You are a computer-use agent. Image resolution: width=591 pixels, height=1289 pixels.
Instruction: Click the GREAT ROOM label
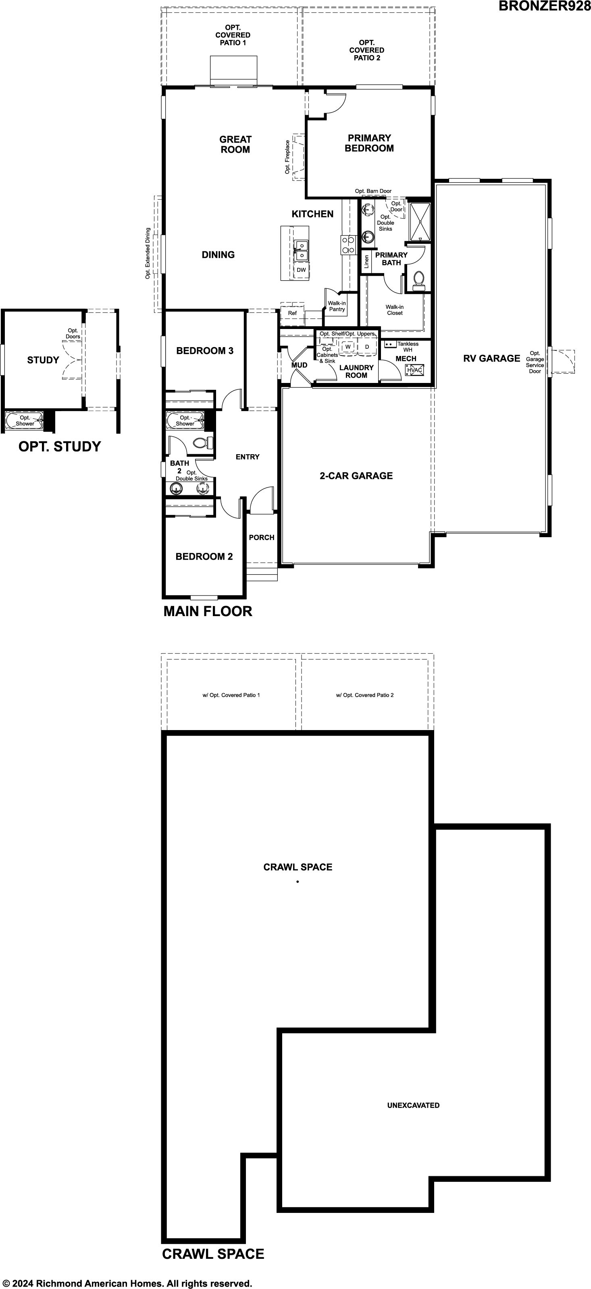235,144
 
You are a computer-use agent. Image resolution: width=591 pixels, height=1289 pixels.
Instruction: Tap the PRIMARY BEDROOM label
369,143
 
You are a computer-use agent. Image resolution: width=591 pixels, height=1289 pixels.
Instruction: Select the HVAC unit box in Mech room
415,370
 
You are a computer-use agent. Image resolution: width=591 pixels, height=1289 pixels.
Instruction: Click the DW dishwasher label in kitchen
301,270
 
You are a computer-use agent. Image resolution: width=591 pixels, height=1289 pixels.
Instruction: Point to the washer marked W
348,346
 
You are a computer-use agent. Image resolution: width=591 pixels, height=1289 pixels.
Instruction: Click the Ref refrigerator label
292,313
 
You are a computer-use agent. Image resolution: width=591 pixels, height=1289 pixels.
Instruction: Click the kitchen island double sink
301,250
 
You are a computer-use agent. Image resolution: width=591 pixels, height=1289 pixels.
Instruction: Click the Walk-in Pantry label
337,306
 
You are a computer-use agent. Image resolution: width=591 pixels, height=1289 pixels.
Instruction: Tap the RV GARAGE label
492,358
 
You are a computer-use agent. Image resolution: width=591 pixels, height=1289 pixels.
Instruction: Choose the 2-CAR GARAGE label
356,476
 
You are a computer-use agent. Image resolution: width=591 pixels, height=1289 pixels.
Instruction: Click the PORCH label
262,538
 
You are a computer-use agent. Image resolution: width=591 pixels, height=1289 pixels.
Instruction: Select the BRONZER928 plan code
544,6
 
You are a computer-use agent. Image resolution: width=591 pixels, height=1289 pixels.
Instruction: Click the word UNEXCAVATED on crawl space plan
413,1105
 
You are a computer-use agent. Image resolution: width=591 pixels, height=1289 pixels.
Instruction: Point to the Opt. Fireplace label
287,157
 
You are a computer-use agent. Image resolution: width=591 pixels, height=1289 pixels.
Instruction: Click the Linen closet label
366,262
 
